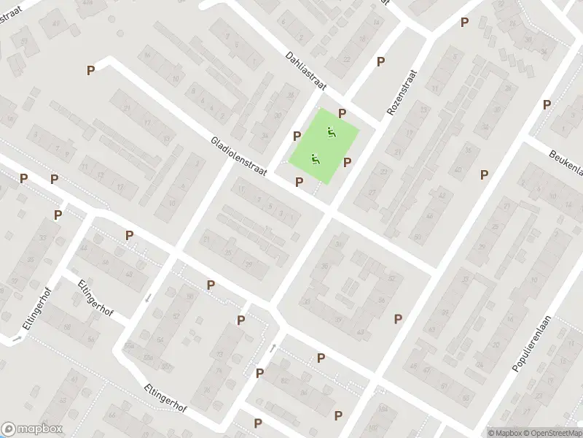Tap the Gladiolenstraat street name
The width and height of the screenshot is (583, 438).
tap(238, 155)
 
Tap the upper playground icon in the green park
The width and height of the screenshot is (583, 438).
tap(332, 133)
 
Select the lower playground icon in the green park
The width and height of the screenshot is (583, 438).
tap(316, 158)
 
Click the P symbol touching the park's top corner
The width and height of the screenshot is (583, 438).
tap(342, 113)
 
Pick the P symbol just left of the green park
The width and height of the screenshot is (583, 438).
tap(297, 136)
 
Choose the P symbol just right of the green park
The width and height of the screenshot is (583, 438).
tap(348, 163)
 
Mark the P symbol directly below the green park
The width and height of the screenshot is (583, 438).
tap(299, 182)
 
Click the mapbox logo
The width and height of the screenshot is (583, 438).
tap(31, 429)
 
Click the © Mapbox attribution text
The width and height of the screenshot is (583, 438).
tap(505, 433)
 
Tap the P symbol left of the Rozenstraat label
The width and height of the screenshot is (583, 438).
tap(380, 61)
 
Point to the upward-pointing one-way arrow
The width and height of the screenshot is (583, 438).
tap(274, 347)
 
